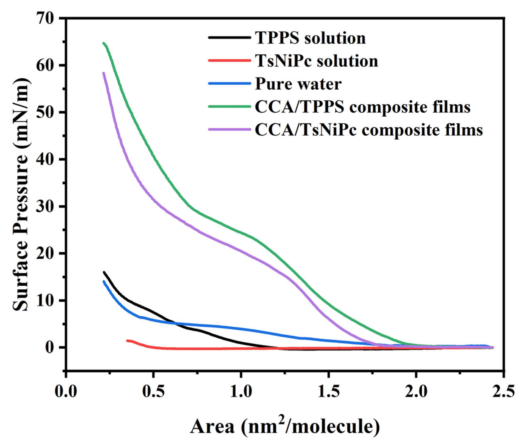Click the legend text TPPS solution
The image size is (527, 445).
tap(310, 38)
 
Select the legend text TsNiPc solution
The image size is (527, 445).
tap(316, 61)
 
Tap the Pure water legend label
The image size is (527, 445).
tap(298, 84)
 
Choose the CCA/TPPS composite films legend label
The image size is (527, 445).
tap(363, 107)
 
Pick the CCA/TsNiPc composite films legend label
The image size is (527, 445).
tap(369, 130)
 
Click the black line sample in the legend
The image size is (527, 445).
tap(229, 37)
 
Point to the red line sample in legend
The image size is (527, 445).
tap(229, 60)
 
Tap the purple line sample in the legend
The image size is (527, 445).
tap(229, 129)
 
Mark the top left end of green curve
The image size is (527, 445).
tap(104, 43)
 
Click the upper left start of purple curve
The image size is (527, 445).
tap(104, 73)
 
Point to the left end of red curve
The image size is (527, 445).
tap(127, 341)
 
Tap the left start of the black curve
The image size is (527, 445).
tap(104, 272)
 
